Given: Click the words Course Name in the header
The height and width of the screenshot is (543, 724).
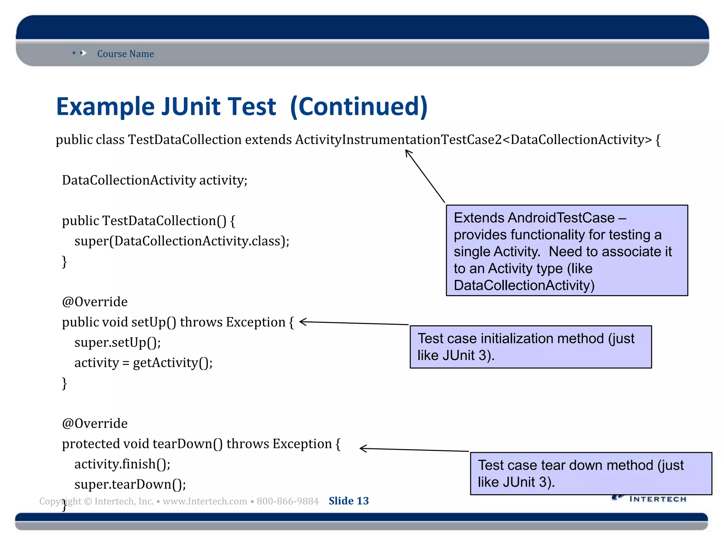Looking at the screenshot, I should [125, 54].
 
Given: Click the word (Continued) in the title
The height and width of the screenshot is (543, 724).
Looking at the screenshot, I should [358, 107].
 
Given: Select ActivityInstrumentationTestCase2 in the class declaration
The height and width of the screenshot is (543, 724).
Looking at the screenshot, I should [398, 140].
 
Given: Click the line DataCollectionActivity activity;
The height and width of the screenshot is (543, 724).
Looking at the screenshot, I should [154, 180].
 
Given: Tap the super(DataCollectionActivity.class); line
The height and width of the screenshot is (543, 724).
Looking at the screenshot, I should [182, 241].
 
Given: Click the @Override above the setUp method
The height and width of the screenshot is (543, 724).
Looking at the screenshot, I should [95, 302].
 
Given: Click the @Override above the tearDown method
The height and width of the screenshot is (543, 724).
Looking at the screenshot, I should [95, 424].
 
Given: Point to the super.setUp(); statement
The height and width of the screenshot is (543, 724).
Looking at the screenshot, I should [117, 343].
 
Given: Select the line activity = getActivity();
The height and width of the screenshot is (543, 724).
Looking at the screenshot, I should [143, 363].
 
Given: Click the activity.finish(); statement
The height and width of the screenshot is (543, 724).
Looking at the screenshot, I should [122, 464].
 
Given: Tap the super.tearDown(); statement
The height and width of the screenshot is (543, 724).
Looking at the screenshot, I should [130, 484].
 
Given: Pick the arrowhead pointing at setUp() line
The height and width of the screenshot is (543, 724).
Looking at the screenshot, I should [302, 322].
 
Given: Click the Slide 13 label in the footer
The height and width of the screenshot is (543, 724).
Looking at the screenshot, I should [349, 501].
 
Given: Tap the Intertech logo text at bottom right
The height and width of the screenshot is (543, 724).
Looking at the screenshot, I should [658, 499].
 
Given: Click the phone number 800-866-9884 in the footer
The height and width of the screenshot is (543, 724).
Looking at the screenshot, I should [287, 501].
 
